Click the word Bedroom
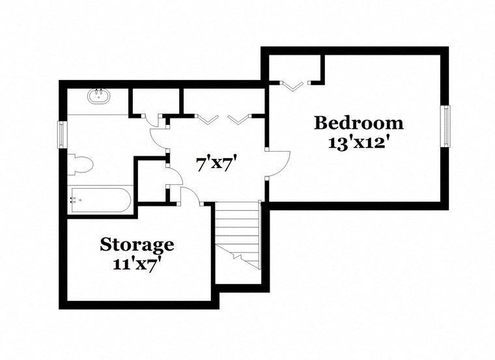358,122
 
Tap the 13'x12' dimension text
358,142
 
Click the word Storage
137,245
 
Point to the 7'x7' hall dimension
216,163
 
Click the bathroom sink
100,98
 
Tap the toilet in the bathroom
79,164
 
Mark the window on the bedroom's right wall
446,125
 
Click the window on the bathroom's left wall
63,135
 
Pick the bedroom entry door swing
278,163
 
